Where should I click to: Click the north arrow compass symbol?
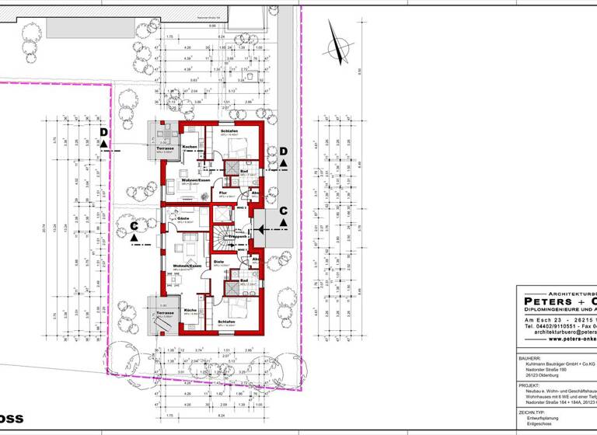(341, 47)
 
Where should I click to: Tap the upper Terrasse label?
(165, 147)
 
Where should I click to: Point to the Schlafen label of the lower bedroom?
(227, 321)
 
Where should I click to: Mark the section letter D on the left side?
(103, 134)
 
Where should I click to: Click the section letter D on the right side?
(284, 150)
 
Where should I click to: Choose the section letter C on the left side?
(134, 226)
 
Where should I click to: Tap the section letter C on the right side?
(283, 211)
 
